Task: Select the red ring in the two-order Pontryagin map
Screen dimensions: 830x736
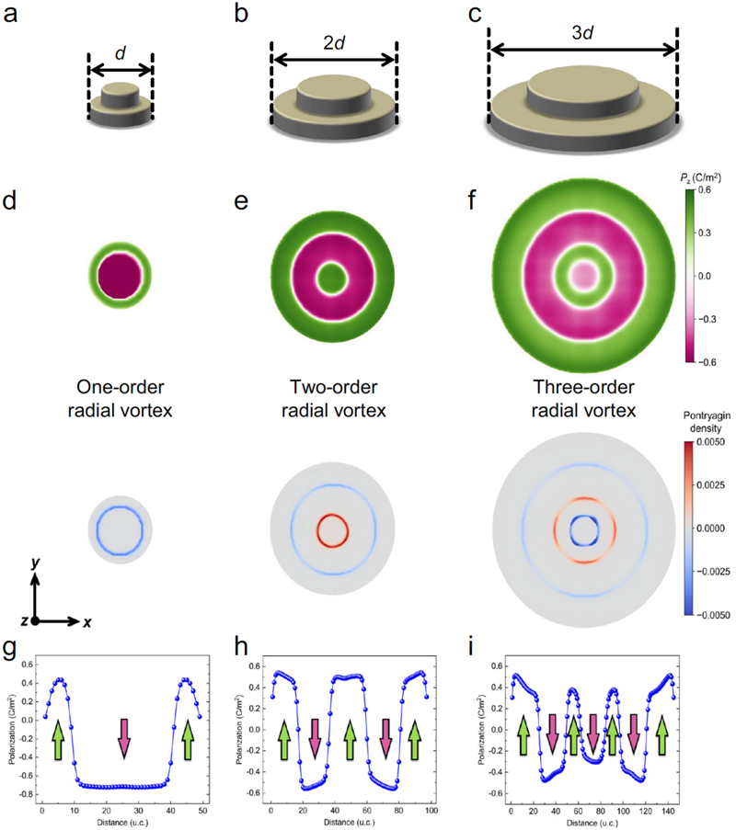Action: pos(333,530)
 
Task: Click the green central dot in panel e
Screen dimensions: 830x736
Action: pos(328,276)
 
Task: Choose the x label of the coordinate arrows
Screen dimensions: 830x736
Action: pos(87,622)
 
